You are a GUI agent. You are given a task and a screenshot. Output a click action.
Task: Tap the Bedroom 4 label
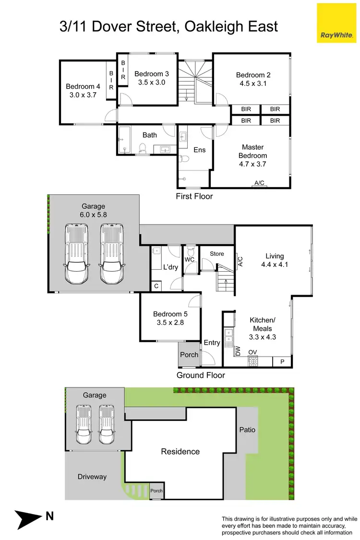click(83, 86)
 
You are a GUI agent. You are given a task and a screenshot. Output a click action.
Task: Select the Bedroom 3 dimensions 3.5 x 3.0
click(152, 82)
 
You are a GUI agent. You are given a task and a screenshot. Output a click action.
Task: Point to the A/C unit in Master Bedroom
click(260, 183)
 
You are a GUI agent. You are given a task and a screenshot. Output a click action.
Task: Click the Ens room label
click(200, 150)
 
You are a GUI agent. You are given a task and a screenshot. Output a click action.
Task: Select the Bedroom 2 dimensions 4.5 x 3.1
click(253, 83)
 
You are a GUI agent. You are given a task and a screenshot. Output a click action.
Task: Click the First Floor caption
click(194, 196)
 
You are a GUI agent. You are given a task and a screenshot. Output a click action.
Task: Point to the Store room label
click(217, 253)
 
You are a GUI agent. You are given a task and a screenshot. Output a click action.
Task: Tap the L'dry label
click(170, 267)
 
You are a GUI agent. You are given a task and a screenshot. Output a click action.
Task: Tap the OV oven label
click(252, 352)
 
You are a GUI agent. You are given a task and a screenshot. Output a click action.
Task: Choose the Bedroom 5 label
click(170, 314)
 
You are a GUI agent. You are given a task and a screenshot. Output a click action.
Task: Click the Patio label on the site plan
click(247, 430)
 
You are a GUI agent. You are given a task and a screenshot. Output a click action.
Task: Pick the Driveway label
click(92, 477)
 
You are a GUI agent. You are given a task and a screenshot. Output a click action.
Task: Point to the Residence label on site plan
click(180, 451)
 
